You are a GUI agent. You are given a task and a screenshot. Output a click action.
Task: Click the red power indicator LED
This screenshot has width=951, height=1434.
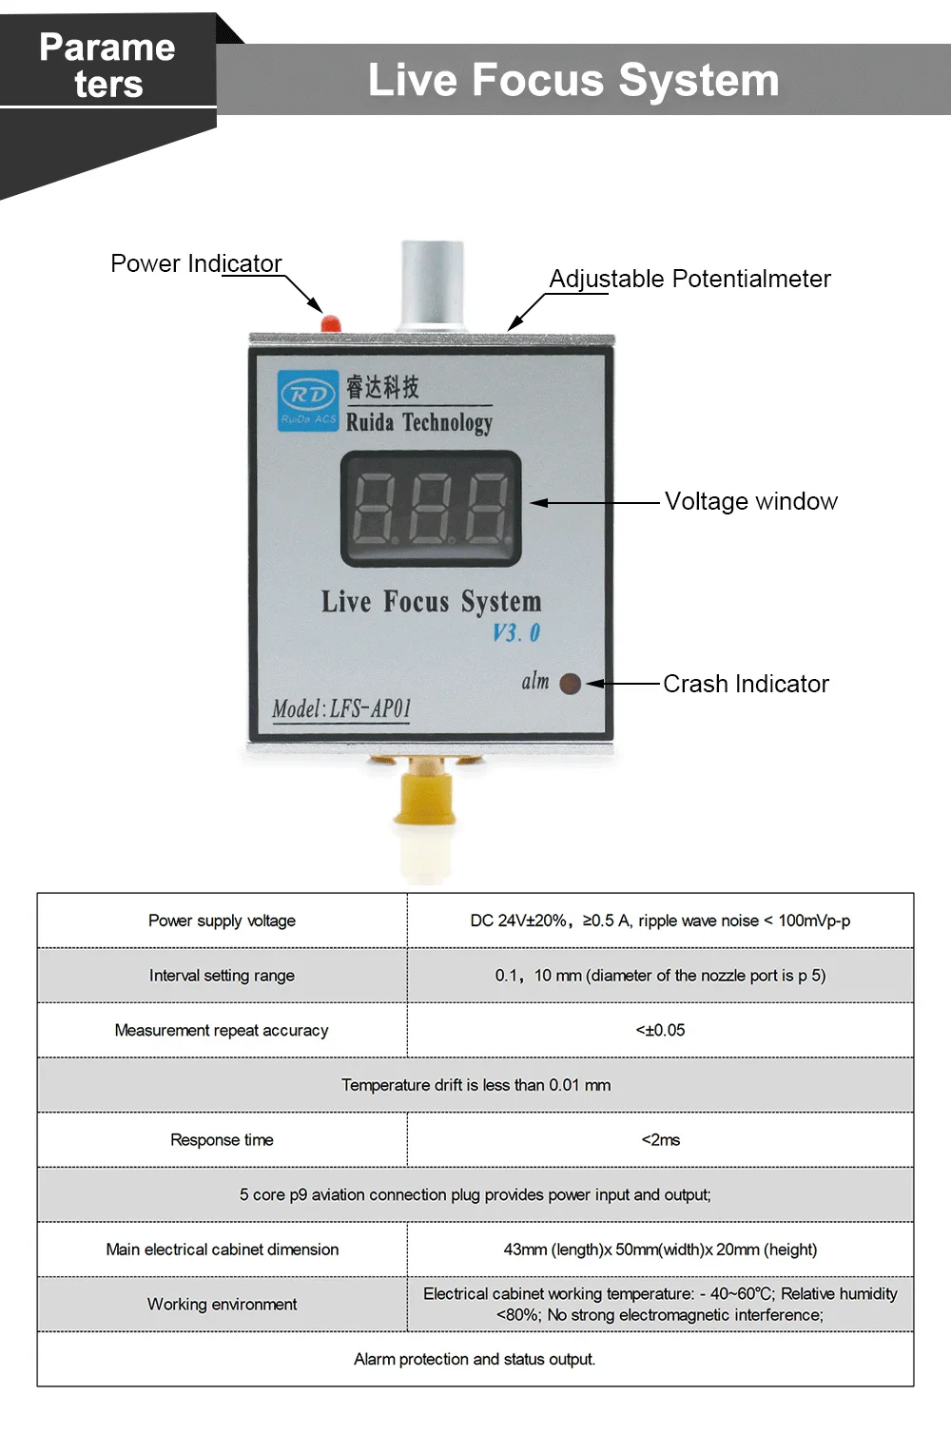[x=331, y=323]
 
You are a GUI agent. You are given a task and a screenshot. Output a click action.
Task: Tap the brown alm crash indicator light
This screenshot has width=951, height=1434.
[x=571, y=684]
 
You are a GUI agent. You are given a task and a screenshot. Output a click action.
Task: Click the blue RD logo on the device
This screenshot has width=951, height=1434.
[x=308, y=400]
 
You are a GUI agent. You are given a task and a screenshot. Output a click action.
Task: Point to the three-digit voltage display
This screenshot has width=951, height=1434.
[x=431, y=509]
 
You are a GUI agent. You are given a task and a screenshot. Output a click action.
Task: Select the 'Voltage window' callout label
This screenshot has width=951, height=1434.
[x=750, y=501]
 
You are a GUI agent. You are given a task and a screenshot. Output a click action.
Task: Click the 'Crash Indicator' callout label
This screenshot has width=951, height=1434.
[x=746, y=684]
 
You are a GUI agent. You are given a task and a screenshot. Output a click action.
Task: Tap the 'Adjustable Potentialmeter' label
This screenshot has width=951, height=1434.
[x=689, y=279]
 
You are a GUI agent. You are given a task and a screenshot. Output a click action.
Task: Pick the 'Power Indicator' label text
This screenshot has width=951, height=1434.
[x=196, y=263]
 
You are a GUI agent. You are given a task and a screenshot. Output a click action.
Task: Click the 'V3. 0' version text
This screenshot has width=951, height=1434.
[x=516, y=632]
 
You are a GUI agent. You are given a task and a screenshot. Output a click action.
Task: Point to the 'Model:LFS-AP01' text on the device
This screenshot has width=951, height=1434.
[x=341, y=708]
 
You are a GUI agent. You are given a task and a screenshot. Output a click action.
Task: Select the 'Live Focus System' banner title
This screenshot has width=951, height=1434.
[x=573, y=80]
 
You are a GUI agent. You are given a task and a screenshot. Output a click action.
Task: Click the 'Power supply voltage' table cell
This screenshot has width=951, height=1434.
[x=222, y=920]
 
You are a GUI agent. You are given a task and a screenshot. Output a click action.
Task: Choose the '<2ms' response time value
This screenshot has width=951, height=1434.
[x=660, y=1139]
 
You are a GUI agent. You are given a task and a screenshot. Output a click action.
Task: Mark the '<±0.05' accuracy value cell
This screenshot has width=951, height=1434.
[x=660, y=1030]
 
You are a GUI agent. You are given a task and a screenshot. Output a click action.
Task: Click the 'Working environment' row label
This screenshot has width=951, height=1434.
[x=222, y=1304]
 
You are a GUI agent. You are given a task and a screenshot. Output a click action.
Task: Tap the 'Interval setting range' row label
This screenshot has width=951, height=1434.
[x=222, y=975]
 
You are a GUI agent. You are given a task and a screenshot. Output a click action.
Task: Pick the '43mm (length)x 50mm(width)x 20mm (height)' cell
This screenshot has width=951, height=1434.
[x=660, y=1250]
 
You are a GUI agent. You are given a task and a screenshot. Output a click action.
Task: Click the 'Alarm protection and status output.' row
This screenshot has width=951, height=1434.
[x=475, y=1359]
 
